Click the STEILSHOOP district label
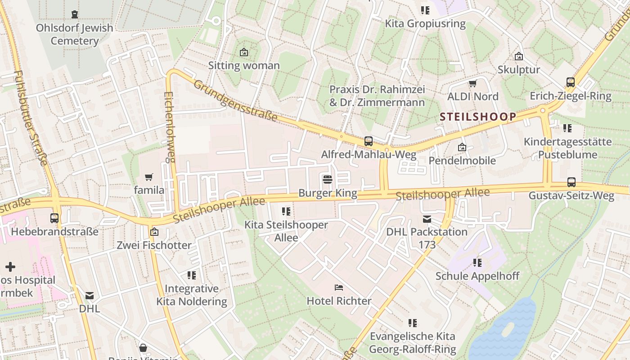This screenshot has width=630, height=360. click(478, 117)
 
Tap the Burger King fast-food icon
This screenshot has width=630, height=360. click(328, 180)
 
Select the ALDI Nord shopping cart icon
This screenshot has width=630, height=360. click(472, 83)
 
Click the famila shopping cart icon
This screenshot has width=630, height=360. click(149, 177)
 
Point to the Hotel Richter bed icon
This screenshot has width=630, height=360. click(339, 287)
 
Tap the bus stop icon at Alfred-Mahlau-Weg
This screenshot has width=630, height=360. click(368, 141)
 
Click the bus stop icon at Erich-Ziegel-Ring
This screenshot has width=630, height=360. click(570, 82)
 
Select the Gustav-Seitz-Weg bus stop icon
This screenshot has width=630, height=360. click(571, 182)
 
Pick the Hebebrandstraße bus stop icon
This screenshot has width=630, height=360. click(54, 218)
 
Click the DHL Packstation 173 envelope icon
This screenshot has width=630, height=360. click(427, 219)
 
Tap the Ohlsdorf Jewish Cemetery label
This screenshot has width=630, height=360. click(75, 34)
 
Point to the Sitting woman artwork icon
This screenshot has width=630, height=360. click(243, 52)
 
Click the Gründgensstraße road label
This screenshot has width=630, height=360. click(236, 101)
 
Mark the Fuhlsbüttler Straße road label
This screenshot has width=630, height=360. click(30, 118)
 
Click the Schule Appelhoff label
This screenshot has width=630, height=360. click(477, 276)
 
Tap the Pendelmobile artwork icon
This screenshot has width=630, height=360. click(462, 147)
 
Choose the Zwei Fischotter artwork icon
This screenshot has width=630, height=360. click(154, 232)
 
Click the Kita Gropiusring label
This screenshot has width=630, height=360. click(425, 23)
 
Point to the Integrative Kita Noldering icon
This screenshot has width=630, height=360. click(192, 275)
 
